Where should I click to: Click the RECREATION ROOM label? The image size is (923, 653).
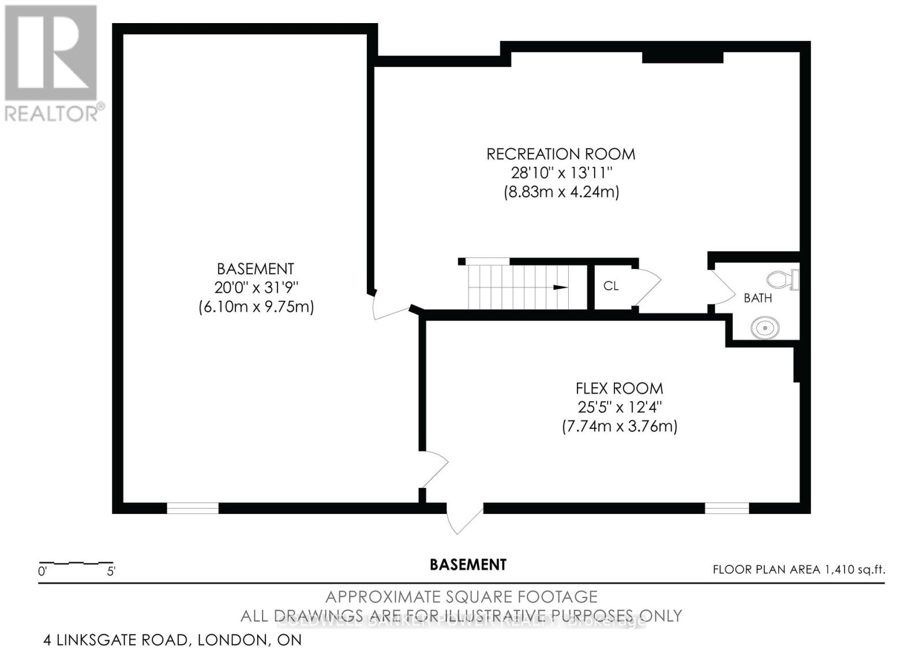[561, 154]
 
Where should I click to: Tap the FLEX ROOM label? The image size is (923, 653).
[619, 389]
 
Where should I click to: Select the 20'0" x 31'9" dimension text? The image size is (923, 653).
[256, 288]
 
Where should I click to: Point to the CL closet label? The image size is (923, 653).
[610, 286]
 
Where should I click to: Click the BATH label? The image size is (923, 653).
[757, 298]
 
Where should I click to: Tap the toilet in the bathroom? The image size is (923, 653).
[785, 280]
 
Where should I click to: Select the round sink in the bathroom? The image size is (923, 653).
[765, 329]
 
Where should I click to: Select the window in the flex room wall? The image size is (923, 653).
[726, 508]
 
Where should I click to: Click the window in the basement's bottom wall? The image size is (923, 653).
[193, 508]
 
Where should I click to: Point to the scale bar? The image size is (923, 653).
[76, 563]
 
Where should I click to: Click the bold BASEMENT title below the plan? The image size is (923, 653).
[468, 565]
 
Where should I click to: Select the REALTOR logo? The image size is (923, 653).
[52, 64]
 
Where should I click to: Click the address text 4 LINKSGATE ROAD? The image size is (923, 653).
[115, 640]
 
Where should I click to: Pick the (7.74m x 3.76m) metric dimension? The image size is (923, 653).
[619, 427]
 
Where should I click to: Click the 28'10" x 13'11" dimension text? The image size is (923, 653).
[561, 173]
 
